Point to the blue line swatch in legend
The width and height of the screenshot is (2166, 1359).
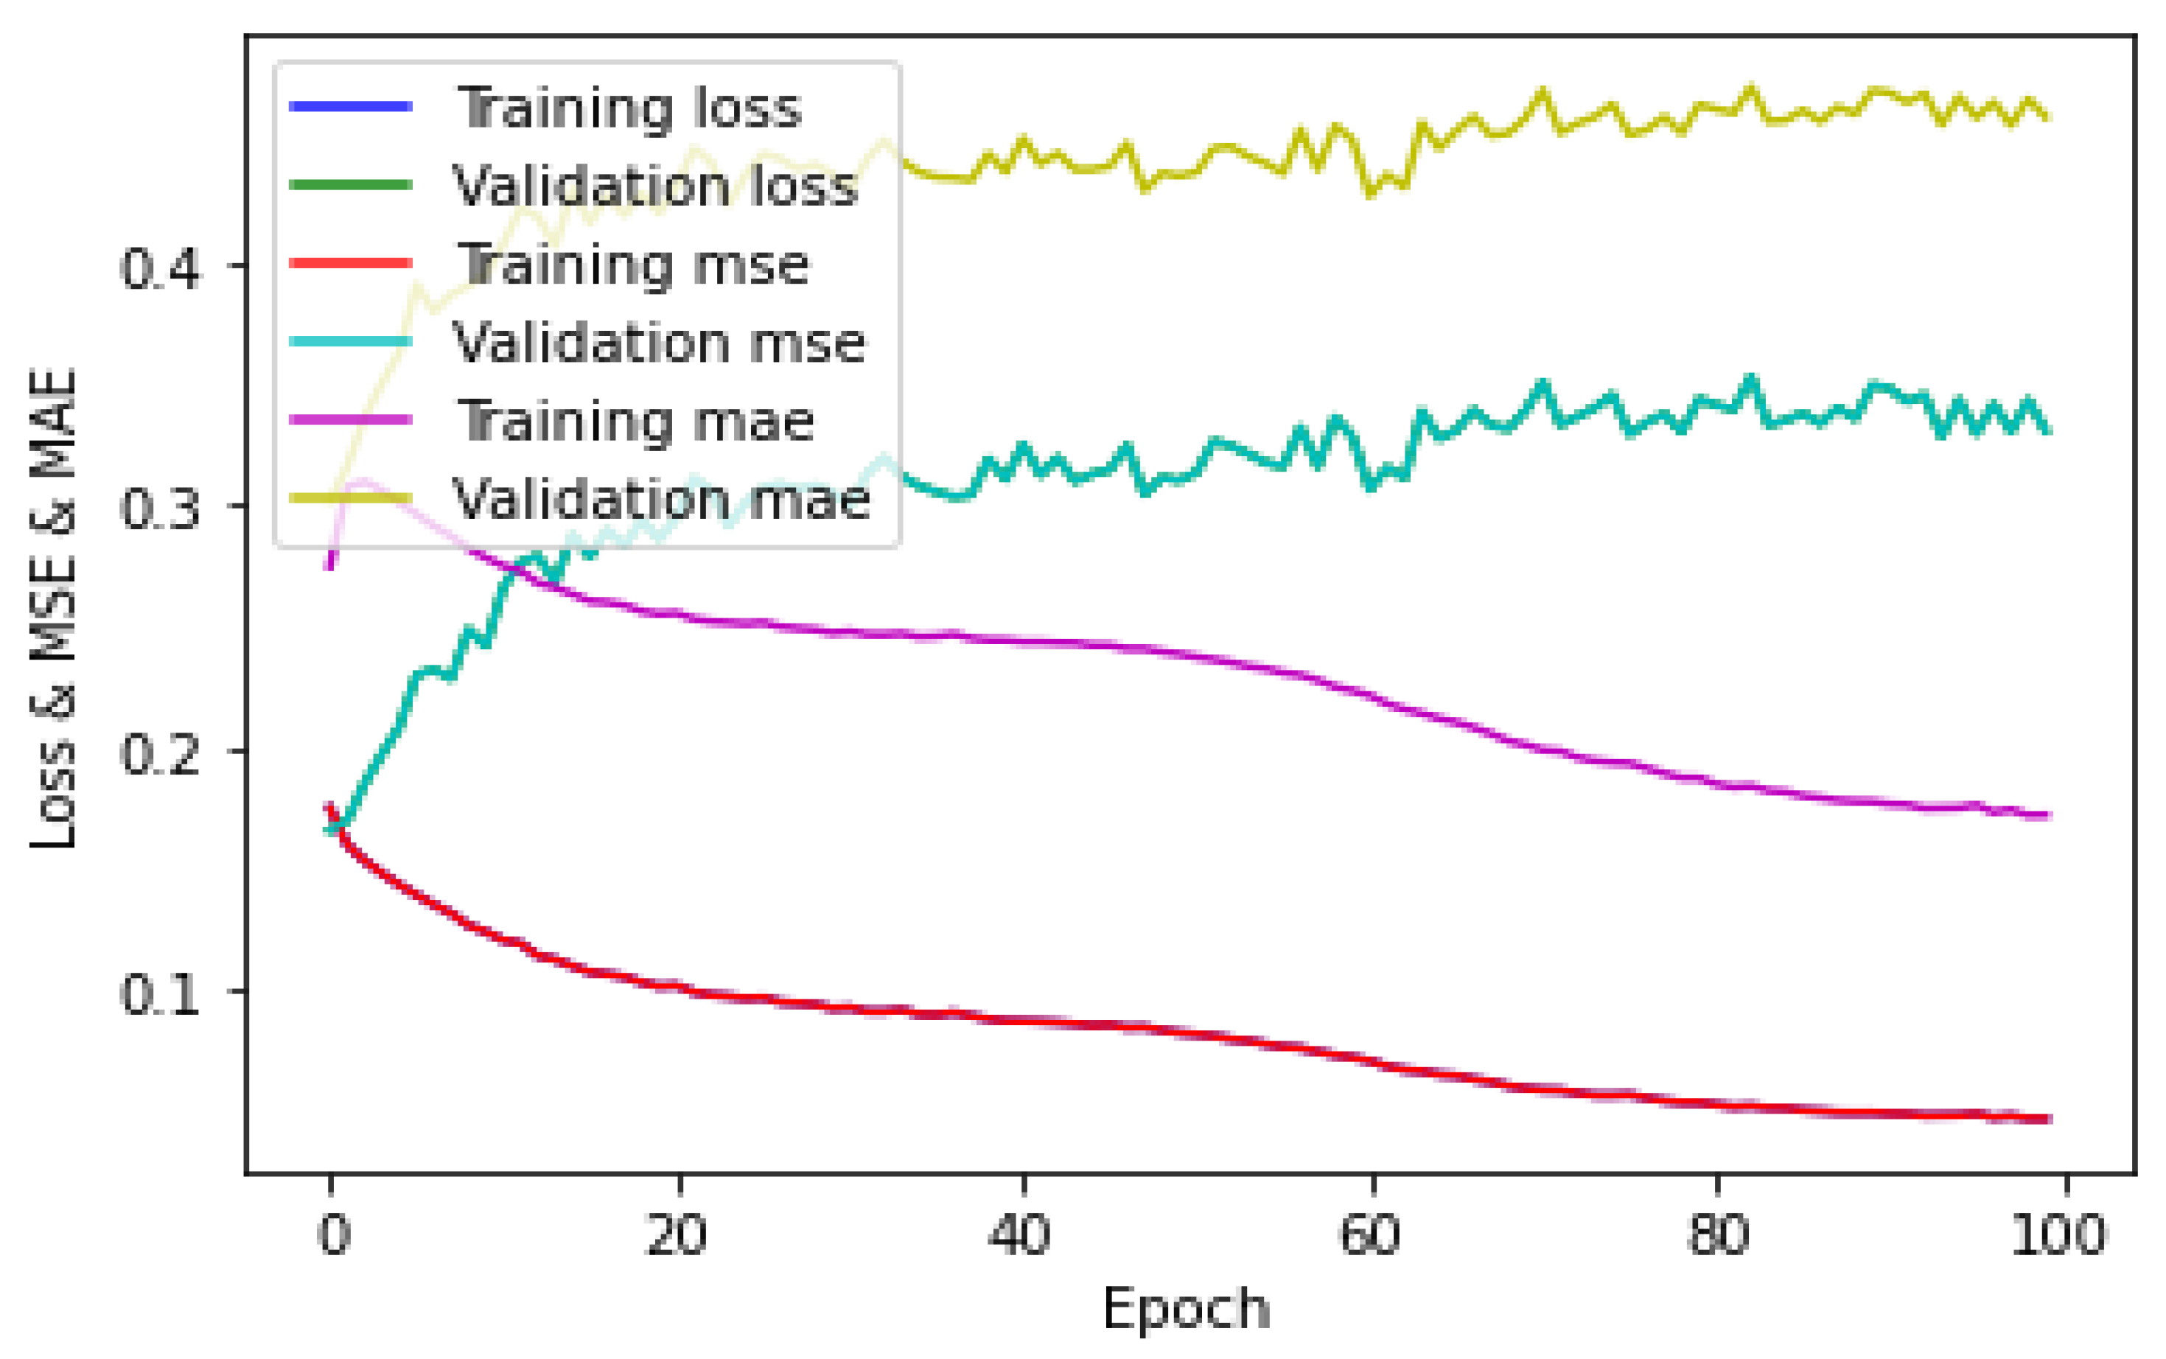[351, 107]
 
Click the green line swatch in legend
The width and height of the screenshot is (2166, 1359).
[351, 185]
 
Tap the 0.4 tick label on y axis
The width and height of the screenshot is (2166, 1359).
[160, 267]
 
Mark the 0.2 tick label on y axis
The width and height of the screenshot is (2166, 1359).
[160, 752]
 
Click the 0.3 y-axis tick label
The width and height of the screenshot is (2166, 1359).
[160, 508]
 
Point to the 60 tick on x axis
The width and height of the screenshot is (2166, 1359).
[1370, 1235]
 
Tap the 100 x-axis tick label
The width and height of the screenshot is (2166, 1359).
[2058, 1235]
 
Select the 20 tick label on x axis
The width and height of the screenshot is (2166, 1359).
[676, 1235]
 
